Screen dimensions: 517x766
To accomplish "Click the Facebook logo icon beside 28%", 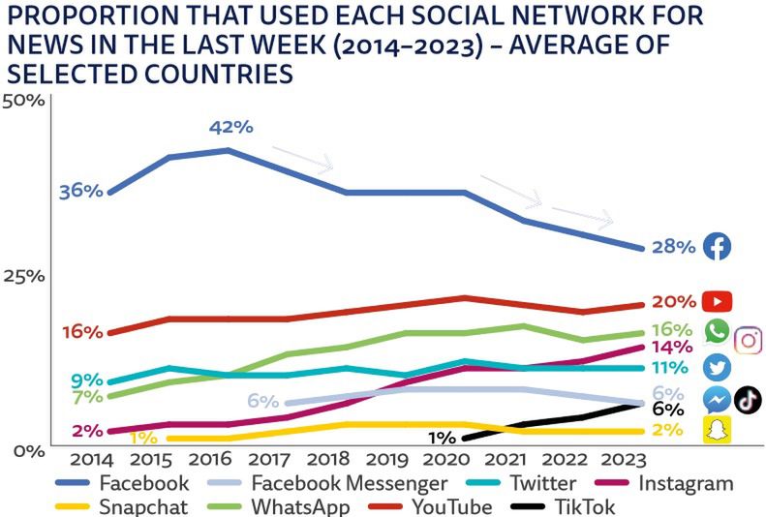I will point(717,247).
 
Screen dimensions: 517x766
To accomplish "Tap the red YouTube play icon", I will point(718,301).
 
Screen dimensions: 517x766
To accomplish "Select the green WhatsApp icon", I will point(718,332).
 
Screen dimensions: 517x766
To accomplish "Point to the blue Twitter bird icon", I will point(718,368).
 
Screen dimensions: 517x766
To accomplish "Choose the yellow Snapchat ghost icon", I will point(718,430).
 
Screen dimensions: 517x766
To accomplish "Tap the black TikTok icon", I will point(748,398).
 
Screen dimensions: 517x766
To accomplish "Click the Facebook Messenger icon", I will point(718,399).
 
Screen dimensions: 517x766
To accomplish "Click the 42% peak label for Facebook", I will point(230,127).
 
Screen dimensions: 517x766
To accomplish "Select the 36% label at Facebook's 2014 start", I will point(80,191).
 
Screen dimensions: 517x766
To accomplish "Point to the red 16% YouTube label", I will point(81,331).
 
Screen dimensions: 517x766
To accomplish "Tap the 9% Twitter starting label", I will point(87,380).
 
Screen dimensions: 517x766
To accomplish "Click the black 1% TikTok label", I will point(442,438).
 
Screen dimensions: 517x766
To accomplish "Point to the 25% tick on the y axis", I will point(23,276).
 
